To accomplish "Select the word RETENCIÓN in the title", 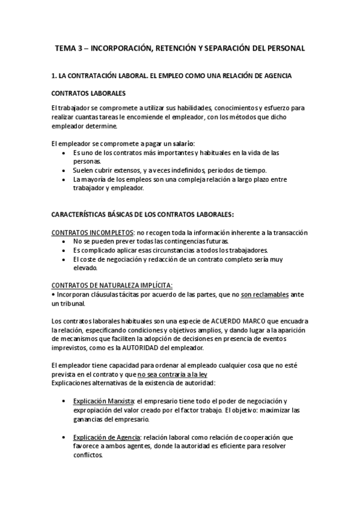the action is pyautogui.click(x=174, y=47).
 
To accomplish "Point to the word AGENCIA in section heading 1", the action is pyautogui.click(x=275, y=76).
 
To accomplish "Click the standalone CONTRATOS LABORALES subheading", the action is pyautogui.click(x=88, y=94).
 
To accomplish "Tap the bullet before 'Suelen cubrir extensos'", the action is pyautogui.click(x=64, y=170).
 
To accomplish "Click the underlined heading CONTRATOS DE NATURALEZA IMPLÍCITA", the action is pyautogui.click(x=112, y=285).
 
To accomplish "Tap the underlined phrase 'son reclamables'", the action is pyautogui.click(x=264, y=295).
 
